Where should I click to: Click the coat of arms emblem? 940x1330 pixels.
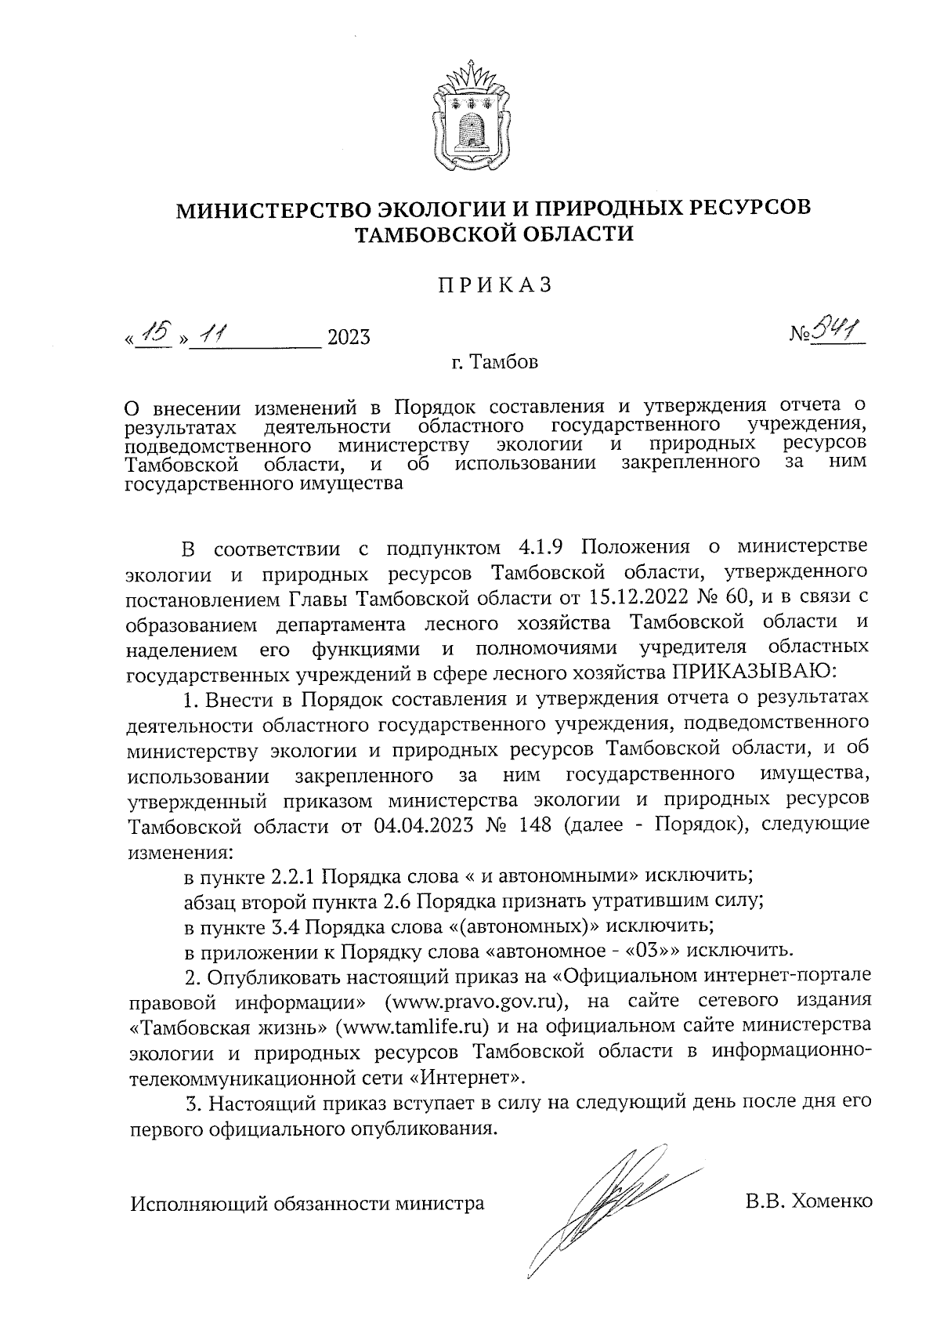pos(470,115)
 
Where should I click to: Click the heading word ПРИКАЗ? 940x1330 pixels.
pos(494,285)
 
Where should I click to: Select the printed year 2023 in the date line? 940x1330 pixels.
pos(349,338)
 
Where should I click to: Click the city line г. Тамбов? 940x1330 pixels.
pos(494,363)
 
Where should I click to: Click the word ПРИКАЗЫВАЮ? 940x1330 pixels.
pos(754,672)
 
